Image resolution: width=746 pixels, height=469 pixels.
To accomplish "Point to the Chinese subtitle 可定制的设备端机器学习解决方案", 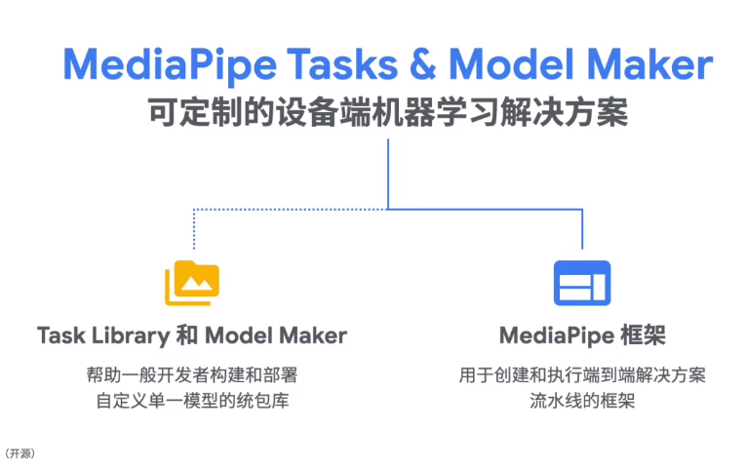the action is (387, 112).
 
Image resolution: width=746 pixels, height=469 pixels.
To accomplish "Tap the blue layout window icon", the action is (582, 283).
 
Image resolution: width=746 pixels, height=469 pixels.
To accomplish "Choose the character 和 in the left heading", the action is (188, 336).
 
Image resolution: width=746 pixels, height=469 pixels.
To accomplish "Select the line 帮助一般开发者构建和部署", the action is (192, 374).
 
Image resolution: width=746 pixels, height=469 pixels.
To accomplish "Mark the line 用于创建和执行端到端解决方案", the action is (582, 374).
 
